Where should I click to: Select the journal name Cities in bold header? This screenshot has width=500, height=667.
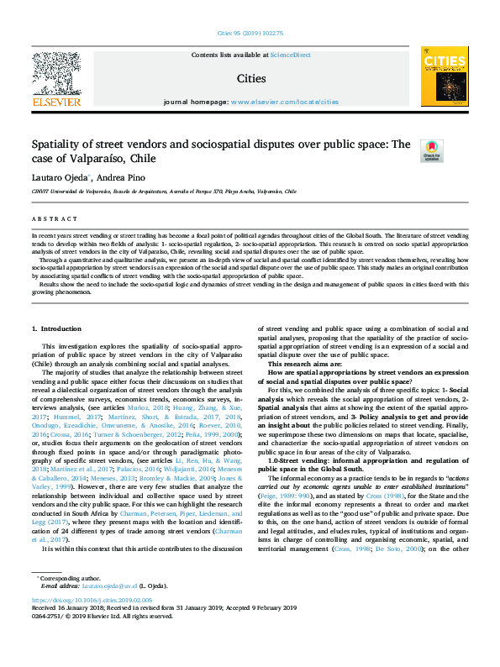(x=250, y=78)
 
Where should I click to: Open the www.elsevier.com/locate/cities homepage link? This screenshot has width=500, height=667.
(x=284, y=101)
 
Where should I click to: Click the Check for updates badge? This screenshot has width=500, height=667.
(x=430, y=150)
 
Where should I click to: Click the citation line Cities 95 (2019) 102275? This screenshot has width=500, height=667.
(x=249, y=35)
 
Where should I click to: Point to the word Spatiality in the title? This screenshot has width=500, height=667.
(x=55, y=144)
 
